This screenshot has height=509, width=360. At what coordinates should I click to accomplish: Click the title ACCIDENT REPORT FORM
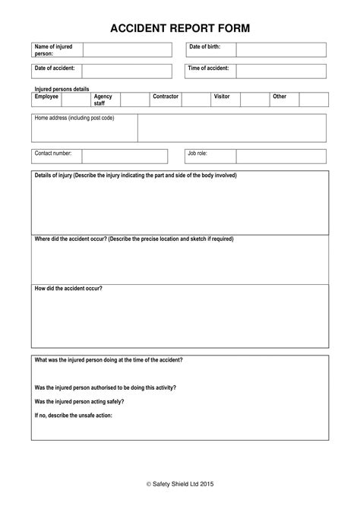180,28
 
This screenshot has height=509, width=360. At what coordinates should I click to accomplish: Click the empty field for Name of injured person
127,50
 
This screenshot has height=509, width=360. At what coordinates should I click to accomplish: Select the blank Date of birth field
280,50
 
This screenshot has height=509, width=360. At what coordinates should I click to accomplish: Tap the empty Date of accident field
127,72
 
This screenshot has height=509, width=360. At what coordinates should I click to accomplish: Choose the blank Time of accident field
280,72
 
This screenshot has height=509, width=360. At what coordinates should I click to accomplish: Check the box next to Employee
74,100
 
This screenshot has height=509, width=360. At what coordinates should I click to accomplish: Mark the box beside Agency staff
134,100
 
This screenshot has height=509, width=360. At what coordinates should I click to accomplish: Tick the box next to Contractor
195,100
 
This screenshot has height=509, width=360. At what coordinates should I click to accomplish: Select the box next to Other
314,100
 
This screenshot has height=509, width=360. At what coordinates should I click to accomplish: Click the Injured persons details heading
62,89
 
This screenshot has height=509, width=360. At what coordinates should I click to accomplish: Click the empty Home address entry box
232,128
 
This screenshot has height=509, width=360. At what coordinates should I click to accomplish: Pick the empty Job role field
280,156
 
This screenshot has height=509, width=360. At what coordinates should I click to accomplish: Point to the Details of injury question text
136,175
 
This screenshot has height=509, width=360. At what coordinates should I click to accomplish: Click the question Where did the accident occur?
134,239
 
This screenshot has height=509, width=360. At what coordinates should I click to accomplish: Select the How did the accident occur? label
69,289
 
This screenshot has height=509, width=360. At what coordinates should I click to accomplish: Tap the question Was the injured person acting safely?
80,401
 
